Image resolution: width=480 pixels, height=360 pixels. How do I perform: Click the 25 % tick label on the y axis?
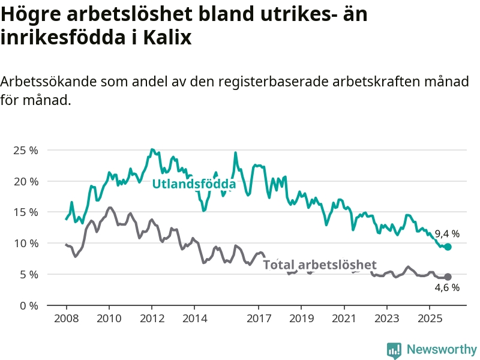coord(26,150)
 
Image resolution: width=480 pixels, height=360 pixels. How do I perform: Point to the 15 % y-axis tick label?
coord(26,212)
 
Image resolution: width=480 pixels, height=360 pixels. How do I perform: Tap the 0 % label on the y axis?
coord(28,305)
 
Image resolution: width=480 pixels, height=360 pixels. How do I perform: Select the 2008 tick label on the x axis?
coord(66,318)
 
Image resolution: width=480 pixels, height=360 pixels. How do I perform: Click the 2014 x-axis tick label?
coord(194,318)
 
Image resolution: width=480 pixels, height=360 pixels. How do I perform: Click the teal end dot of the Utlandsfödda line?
coord(448,247)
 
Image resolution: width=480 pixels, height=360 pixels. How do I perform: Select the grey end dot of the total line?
coord(448,277)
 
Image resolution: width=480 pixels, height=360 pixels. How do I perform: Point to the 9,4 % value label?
coord(447,233)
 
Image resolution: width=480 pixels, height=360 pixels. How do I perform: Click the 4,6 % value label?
coord(447,288)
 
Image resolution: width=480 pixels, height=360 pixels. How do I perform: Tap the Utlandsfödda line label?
coord(194,184)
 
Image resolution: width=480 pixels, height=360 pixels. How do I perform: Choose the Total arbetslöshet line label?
coord(320,265)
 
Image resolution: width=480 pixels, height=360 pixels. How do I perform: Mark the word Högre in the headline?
coord(30,13)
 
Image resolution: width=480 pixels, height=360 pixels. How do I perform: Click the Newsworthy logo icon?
coord(394,350)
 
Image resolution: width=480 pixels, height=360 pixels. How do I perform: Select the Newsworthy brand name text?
coord(442,349)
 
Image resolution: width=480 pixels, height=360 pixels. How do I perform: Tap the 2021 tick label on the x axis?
coord(344,318)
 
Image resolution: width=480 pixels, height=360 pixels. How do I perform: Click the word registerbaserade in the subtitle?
coord(265,82)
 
